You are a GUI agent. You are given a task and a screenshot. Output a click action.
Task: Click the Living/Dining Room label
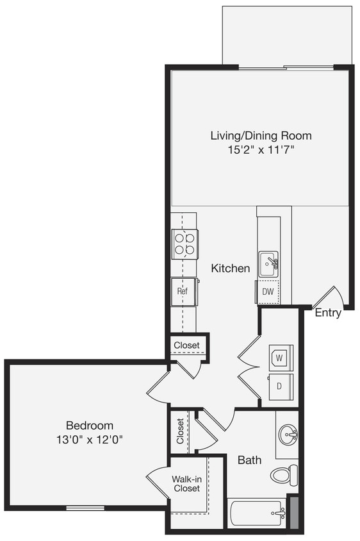[x=261, y=135]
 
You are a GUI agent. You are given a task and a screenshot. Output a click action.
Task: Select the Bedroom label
[x=90, y=425]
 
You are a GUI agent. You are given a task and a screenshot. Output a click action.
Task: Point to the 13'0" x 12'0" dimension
[x=90, y=440]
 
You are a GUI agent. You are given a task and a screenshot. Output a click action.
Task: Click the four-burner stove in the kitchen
[x=184, y=244]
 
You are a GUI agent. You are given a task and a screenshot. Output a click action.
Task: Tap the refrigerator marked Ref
[x=184, y=291]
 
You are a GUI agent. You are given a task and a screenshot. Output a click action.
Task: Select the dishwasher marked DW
[x=268, y=292]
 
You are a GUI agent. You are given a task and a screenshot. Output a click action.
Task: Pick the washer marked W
[x=281, y=357]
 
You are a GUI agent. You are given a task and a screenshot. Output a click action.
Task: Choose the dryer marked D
[x=281, y=387]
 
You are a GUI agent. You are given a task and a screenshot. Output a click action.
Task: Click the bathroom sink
[x=288, y=435]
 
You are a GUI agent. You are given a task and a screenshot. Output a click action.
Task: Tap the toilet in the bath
[x=284, y=475]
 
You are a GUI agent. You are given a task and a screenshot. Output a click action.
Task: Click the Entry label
[x=327, y=313]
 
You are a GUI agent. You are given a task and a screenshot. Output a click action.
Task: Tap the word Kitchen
[x=231, y=268]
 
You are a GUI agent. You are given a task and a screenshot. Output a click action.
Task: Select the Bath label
[x=249, y=460]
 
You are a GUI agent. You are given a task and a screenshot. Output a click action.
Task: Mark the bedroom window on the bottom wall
[x=85, y=508]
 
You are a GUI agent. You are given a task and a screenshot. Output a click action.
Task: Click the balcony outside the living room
[x=286, y=35]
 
